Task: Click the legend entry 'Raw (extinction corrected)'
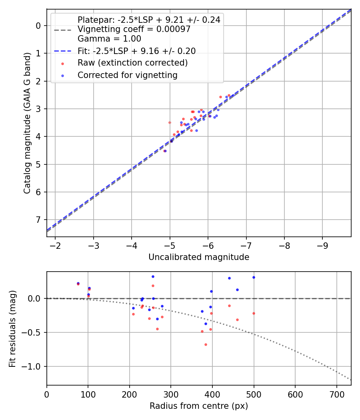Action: (x=132, y=63)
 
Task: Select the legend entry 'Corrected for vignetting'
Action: (x=127, y=75)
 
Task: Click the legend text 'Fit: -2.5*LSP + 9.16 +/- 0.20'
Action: (x=136, y=51)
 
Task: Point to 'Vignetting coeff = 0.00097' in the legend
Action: (x=134, y=29)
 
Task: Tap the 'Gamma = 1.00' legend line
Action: (x=109, y=39)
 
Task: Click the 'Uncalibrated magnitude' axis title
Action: (x=199, y=257)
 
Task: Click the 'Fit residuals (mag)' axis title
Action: (x=12, y=328)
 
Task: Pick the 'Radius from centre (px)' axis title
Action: (x=199, y=406)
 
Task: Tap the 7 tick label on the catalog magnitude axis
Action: (x=39, y=220)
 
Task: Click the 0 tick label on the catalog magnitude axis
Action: (x=39, y=26)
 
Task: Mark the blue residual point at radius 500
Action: (x=254, y=277)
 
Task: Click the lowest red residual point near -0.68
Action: (x=206, y=344)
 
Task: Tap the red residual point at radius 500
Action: (x=254, y=313)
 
